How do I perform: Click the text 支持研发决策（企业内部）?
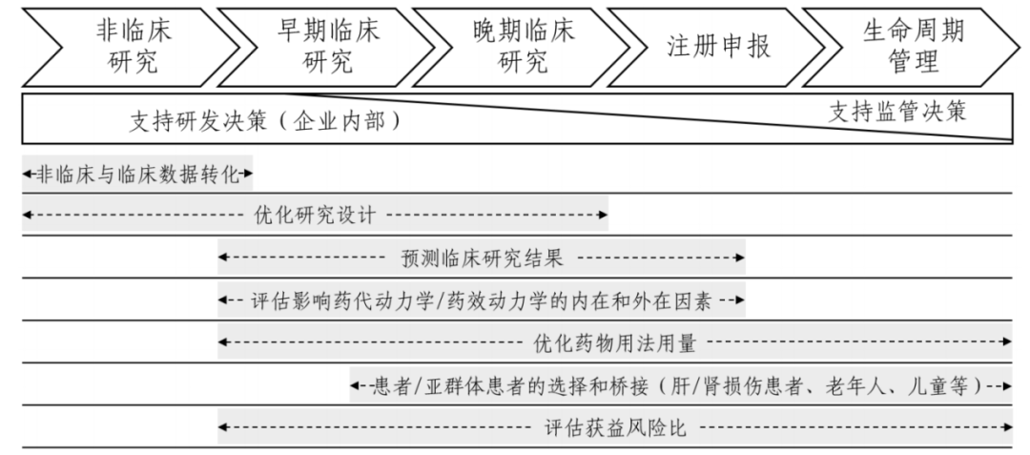pyautogui.click(x=263, y=122)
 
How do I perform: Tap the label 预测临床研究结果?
pyautogui.click(x=481, y=258)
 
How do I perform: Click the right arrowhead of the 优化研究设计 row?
pyautogui.click(x=603, y=216)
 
